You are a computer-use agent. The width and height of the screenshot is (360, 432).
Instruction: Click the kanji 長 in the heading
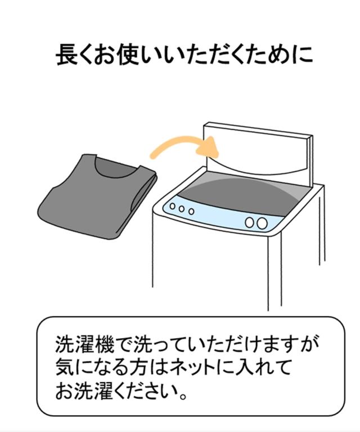(x=66, y=55)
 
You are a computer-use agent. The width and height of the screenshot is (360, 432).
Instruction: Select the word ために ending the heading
(x=281, y=55)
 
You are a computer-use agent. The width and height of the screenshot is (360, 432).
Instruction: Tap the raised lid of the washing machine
(x=258, y=154)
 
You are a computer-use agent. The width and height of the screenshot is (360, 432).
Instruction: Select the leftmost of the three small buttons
(x=173, y=206)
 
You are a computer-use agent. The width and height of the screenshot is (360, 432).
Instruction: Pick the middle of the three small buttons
(x=182, y=209)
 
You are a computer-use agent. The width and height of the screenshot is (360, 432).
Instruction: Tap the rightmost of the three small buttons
(x=191, y=211)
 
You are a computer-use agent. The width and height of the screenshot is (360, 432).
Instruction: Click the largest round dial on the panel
(x=262, y=223)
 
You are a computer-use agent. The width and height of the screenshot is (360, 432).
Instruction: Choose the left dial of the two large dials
(x=250, y=222)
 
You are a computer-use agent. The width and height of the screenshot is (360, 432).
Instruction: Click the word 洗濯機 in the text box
(x=84, y=344)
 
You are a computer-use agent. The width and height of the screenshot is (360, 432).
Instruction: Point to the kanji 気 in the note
(x=65, y=367)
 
